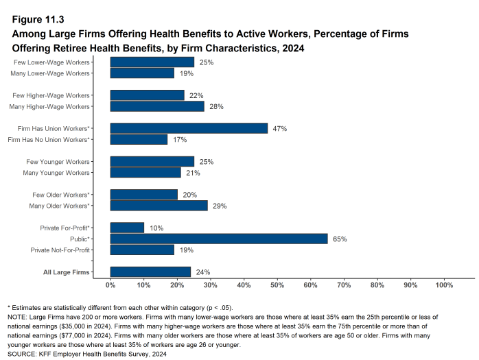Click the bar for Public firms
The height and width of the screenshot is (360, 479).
click(218, 239)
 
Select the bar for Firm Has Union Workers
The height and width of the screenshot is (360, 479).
click(189, 128)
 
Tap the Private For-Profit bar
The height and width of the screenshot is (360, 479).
click(127, 227)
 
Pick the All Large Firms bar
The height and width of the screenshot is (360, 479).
click(150, 272)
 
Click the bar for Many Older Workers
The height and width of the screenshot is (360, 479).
click(159, 206)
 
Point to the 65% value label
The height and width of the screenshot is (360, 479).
click(340, 239)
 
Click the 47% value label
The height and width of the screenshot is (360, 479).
click(279, 128)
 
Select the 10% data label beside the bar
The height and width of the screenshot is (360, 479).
click(156, 227)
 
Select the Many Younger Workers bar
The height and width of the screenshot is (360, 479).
click(145, 172)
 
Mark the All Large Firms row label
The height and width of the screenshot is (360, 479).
click(67, 272)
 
